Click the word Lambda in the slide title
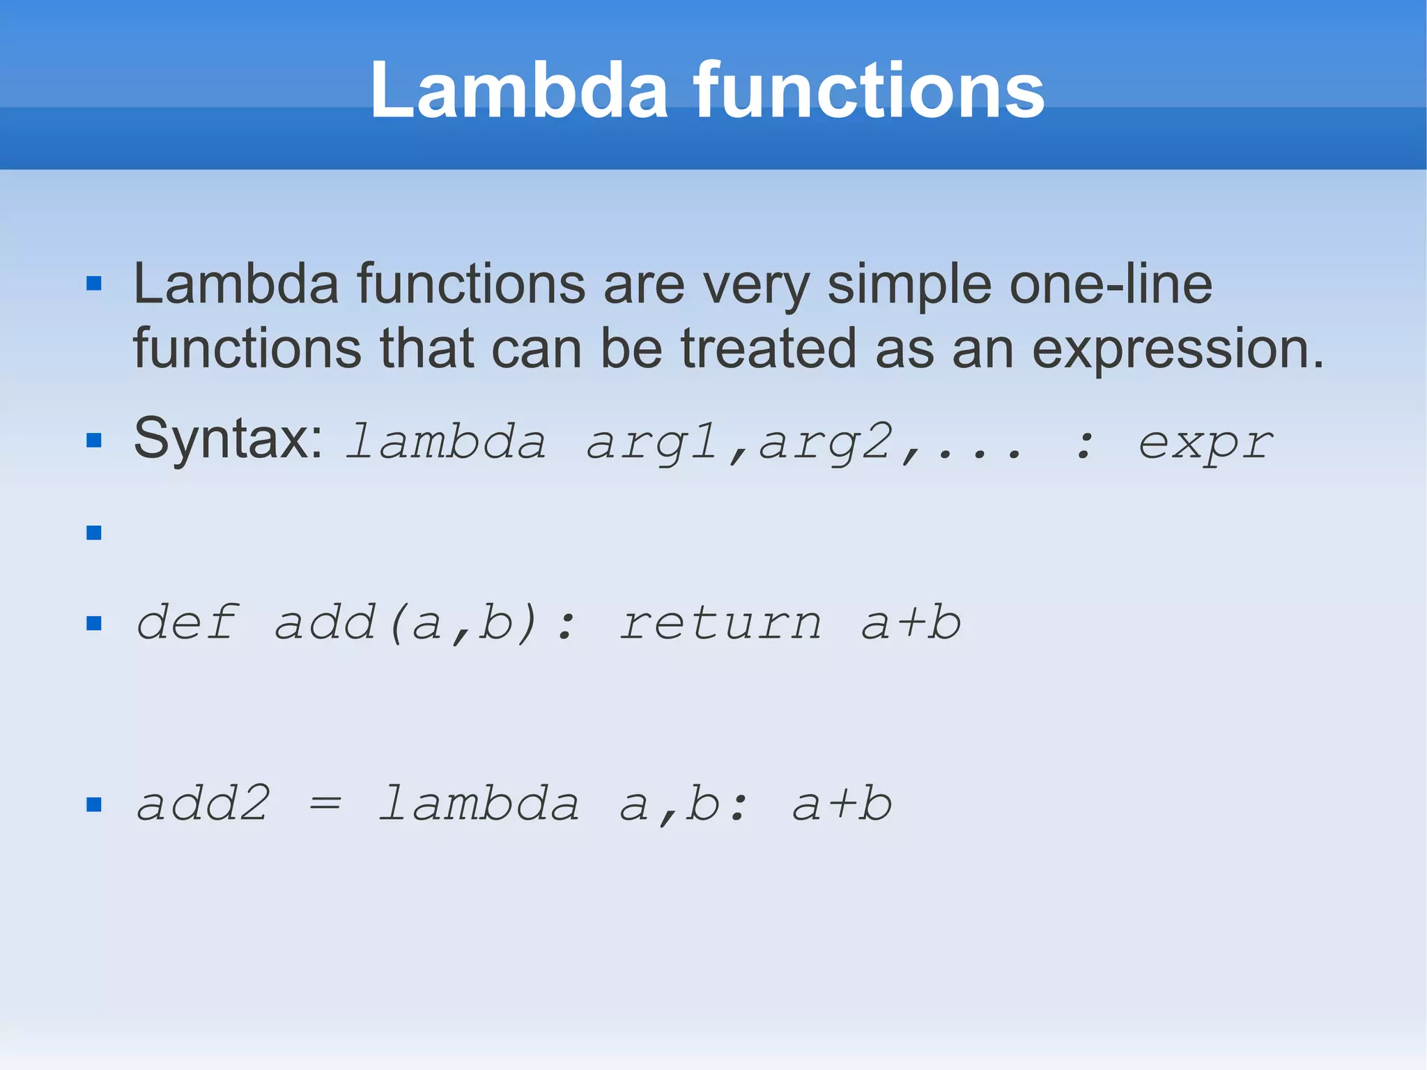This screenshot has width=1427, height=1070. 518,91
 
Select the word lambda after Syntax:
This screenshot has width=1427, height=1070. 446,442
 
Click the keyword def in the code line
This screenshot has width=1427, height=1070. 187,622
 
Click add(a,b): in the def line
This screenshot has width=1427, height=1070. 425,622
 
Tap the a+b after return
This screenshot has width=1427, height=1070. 911,623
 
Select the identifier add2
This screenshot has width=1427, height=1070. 203,804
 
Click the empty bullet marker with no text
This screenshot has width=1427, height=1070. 94,533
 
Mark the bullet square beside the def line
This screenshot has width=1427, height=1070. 94,623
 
